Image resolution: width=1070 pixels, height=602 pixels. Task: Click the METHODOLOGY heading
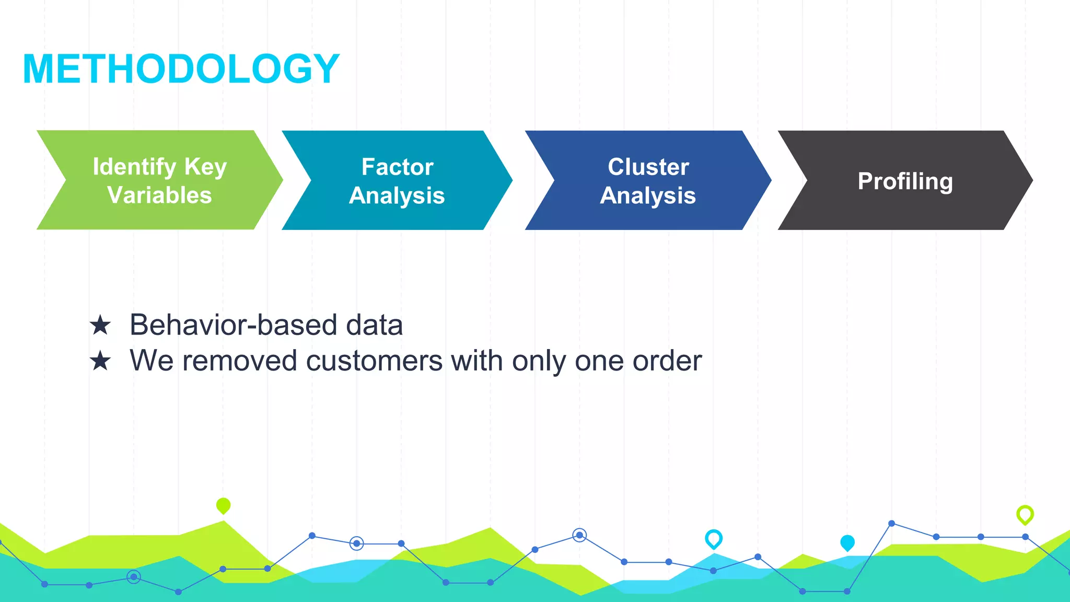(181, 69)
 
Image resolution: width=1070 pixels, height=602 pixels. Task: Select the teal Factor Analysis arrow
(397, 180)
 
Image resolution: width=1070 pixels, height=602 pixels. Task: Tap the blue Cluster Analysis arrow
(648, 180)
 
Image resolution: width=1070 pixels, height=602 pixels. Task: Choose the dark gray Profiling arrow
(905, 181)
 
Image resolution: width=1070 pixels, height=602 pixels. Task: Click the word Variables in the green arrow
(159, 195)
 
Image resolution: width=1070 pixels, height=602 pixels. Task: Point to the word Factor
(397, 167)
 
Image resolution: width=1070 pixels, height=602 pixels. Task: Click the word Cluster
(648, 167)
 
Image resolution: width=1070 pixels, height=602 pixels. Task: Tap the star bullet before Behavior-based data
(100, 326)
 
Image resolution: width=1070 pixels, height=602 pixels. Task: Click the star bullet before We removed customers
(100, 361)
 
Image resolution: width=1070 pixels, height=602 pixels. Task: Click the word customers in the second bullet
(374, 361)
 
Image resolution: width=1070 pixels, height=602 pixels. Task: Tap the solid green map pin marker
(223, 505)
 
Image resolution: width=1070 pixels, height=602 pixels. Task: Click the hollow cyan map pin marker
(713, 538)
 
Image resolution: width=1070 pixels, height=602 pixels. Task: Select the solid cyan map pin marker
(847, 542)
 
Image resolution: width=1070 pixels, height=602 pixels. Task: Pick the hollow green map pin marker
(1025, 514)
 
